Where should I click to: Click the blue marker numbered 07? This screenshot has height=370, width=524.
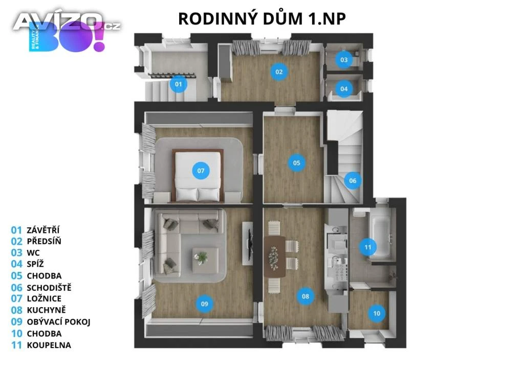[x=201, y=171]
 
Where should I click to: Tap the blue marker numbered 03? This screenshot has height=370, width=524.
[x=344, y=60]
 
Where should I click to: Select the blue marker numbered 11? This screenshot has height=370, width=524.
[x=367, y=247]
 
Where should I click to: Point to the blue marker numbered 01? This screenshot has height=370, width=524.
[x=179, y=84]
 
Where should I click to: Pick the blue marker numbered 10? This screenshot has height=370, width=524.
[x=377, y=313]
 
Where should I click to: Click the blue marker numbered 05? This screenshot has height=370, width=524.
[x=296, y=163]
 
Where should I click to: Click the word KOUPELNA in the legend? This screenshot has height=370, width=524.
[x=49, y=345]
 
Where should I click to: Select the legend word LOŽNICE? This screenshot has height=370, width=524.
[x=44, y=298]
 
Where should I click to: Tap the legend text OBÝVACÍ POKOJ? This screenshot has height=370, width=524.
[x=58, y=322]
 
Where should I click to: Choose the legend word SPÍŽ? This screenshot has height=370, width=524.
[x=35, y=264]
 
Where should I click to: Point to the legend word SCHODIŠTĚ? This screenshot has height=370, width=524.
[x=49, y=288]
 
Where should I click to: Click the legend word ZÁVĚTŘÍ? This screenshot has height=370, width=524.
[x=43, y=230]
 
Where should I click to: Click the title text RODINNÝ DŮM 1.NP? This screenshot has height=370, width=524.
[x=262, y=19]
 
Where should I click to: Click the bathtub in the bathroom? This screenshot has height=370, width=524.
[x=380, y=236]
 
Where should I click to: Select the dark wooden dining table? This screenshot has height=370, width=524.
[x=275, y=257]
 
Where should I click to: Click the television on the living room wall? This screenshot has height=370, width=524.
[x=248, y=239]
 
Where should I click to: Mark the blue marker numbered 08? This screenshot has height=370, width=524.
[x=305, y=296]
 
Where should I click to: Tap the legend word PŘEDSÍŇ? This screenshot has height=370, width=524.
[x=44, y=241]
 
